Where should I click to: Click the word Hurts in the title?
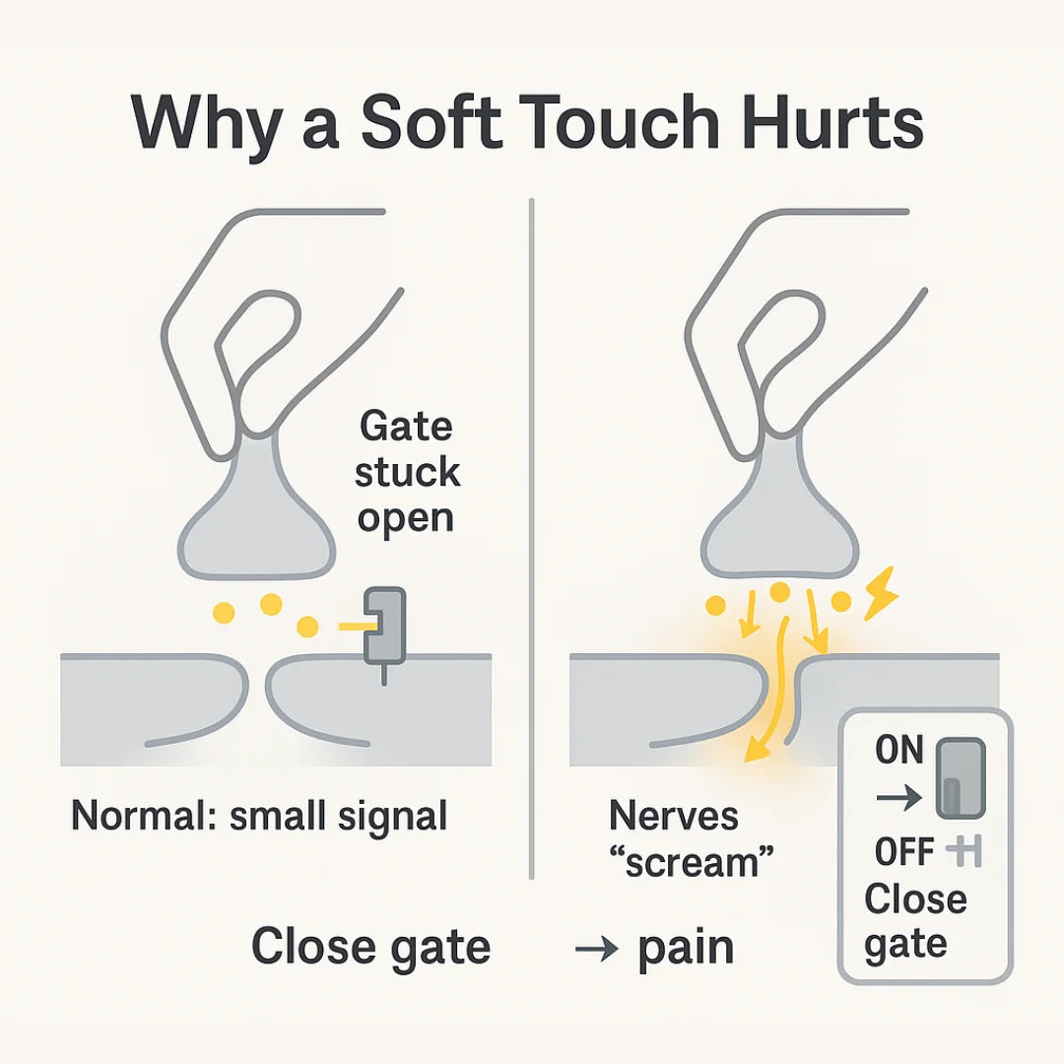(x=832, y=123)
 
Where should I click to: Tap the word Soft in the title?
(x=432, y=122)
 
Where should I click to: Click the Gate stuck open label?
(x=407, y=472)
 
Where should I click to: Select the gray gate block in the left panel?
(x=385, y=625)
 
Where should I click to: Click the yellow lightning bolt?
(x=882, y=593)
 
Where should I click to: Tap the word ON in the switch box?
(x=899, y=750)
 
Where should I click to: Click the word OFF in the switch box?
(x=903, y=851)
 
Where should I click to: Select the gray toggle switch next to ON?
(x=961, y=778)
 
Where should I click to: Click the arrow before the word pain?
(x=596, y=948)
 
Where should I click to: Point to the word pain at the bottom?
(x=686, y=949)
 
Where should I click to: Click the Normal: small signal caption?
(x=259, y=815)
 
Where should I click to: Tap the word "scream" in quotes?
(x=692, y=862)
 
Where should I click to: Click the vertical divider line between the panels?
(x=531, y=539)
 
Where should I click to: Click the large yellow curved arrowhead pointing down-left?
(x=758, y=749)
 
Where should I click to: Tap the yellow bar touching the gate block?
(x=356, y=626)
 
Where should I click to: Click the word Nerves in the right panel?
(x=674, y=815)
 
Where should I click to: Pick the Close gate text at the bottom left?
(x=370, y=948)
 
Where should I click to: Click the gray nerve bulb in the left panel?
(x=256, y=515)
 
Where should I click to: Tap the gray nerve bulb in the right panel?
(x=780, y=515)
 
